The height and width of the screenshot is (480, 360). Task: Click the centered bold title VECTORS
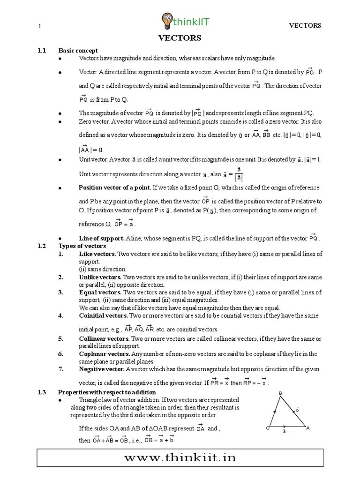pos(180,38)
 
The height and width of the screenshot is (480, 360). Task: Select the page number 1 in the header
pos(40,26)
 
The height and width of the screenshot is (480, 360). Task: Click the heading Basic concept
pos(78,50)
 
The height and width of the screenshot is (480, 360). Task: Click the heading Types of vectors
pos(82,246)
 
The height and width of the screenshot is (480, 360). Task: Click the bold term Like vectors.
pos(97,254)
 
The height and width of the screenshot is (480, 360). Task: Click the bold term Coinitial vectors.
pos(103,315)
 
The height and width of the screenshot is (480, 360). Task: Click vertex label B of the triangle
pos(280,393)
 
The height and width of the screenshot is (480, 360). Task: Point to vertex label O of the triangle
pos(267,428)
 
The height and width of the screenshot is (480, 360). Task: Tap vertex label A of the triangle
pos(307,428)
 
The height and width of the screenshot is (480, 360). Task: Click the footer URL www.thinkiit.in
pos(180,458)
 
